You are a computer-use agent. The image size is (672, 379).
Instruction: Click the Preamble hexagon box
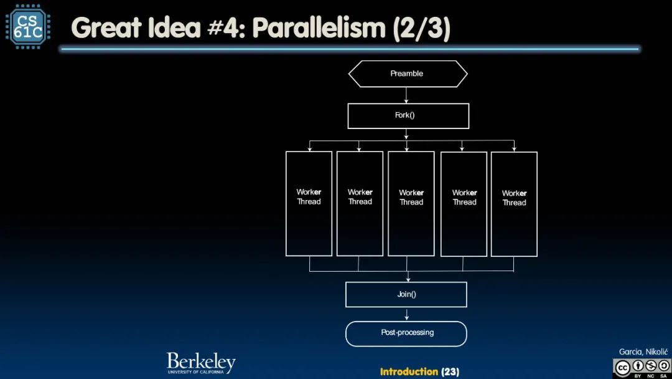407,74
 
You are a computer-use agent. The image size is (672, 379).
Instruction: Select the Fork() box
408,115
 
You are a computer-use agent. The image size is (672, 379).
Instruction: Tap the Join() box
406,294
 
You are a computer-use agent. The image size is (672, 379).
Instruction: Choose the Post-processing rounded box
406,333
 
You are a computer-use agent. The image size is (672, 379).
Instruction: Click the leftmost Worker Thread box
309,203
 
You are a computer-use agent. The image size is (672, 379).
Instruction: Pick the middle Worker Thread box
411,203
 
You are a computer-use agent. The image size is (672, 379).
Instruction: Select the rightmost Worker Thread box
514,203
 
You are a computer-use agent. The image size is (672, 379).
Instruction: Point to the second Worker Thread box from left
360,203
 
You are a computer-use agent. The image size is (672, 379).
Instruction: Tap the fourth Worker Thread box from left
464,203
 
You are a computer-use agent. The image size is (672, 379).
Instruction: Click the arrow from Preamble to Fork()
406,95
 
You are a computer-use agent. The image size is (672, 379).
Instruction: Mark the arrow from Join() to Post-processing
406,314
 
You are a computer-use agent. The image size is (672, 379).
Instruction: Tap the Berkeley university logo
200,363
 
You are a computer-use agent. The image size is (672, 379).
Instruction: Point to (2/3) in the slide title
421,29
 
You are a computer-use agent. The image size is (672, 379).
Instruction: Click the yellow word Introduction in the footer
409,372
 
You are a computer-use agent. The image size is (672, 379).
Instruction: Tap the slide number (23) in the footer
450,372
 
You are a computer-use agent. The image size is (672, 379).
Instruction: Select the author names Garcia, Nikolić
642,352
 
